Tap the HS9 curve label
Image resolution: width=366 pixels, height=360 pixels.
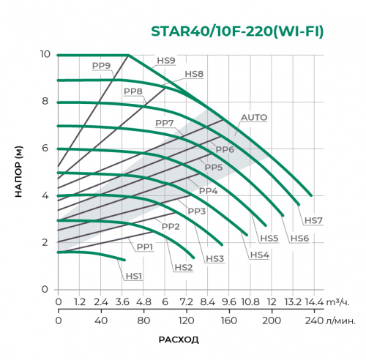(x=166, y=61)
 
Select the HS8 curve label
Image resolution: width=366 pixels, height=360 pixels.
(x=194, y=74)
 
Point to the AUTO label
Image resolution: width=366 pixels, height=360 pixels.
(x=254, y=117)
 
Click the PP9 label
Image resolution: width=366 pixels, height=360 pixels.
(x=101, y=66)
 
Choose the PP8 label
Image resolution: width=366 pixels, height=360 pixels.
(x=132, y=91)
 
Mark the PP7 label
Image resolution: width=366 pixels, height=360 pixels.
(x=164, y=122)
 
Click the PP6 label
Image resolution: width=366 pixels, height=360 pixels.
(x=224, y=149)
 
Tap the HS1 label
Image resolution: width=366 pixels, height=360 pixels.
(x=133, y=276)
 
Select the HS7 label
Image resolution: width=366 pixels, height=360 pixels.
(x=313, y=220)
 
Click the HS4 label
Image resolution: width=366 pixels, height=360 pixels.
(x=259, y=255)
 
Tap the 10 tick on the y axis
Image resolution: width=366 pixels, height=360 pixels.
(x=44, y=55)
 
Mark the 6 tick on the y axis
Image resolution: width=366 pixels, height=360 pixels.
(x=45, y=149)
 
